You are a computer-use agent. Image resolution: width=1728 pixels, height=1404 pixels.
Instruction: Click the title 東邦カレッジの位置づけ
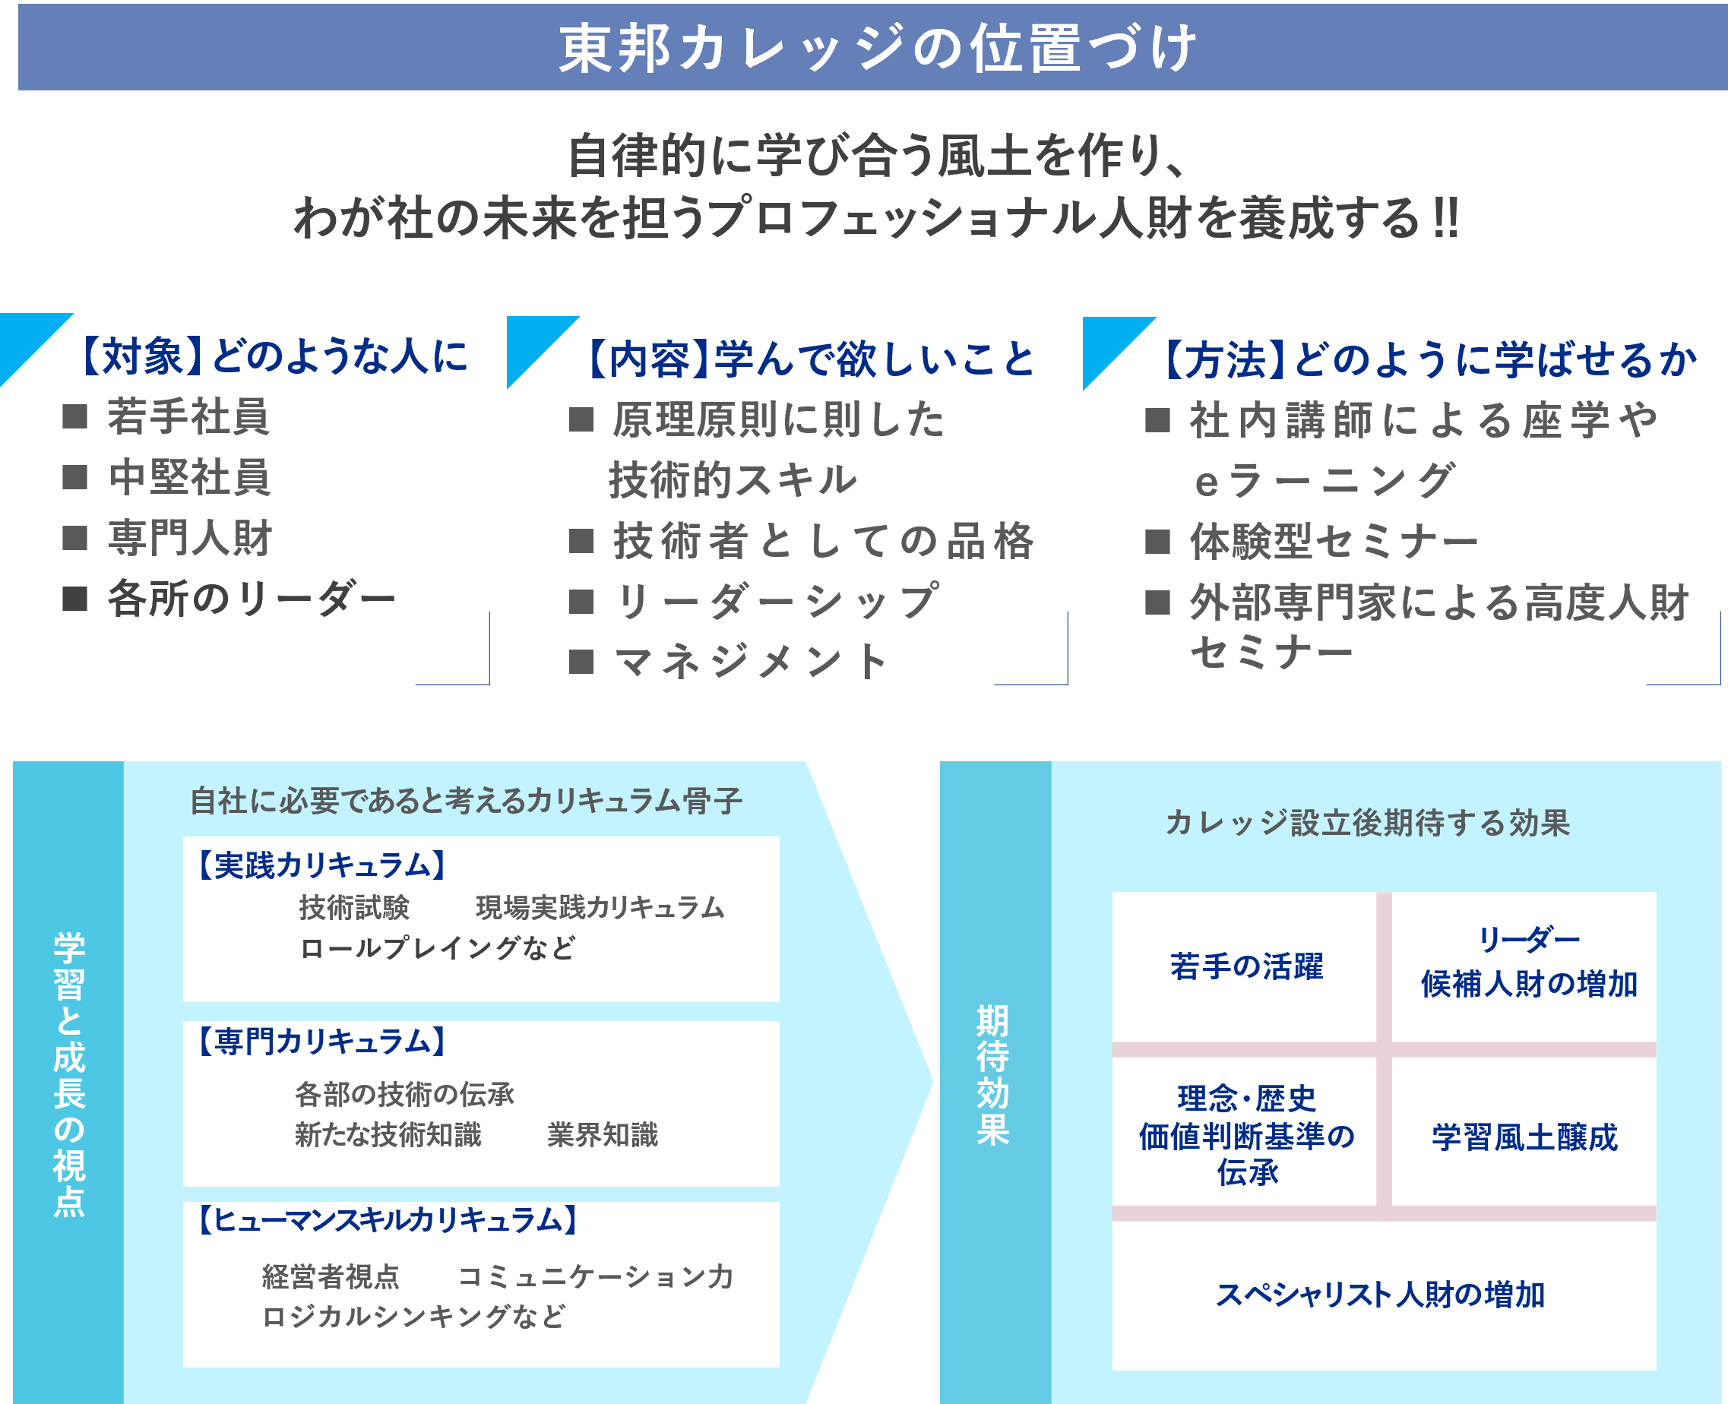878,49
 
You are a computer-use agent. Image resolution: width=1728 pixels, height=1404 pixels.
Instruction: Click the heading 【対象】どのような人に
274,356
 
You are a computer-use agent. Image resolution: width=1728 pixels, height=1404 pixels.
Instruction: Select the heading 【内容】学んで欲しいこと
810,360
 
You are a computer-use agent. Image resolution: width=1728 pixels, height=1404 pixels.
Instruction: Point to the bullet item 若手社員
188,417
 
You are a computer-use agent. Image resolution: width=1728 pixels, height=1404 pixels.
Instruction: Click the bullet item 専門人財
190,539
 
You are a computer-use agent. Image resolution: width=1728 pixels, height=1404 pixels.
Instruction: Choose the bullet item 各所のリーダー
252,599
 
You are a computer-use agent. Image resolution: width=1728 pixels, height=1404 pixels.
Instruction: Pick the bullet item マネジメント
752,662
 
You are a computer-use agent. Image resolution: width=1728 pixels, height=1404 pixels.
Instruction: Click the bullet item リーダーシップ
777,602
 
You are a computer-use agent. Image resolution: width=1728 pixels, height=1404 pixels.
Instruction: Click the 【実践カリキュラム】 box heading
322,865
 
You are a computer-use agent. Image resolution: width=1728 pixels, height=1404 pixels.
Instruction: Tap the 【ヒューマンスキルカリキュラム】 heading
388,1219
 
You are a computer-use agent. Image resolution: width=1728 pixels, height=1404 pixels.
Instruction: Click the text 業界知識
603,1135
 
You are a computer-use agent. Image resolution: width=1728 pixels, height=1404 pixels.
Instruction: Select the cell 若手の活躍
1245,966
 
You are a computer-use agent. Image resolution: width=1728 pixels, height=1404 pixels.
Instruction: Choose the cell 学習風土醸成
1524,1137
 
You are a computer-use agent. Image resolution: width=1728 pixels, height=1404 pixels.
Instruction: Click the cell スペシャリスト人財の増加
1380,1295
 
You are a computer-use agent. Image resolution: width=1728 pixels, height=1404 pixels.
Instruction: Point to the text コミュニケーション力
597,1276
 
